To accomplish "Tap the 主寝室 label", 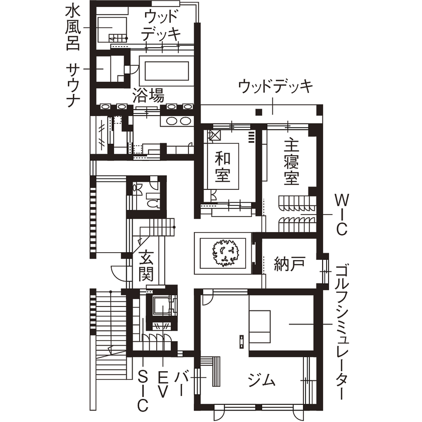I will (x=291, y=162).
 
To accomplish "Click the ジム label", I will (x=262, y=380).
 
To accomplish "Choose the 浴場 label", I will (x=148, y=96).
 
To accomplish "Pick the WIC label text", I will (x=341, y=214).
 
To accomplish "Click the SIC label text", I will (x=143, y=390).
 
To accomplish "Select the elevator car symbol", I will (x=162, y=306).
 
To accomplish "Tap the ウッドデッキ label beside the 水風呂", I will (x=161, y=25).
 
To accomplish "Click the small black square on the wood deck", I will (x=258, y=112).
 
